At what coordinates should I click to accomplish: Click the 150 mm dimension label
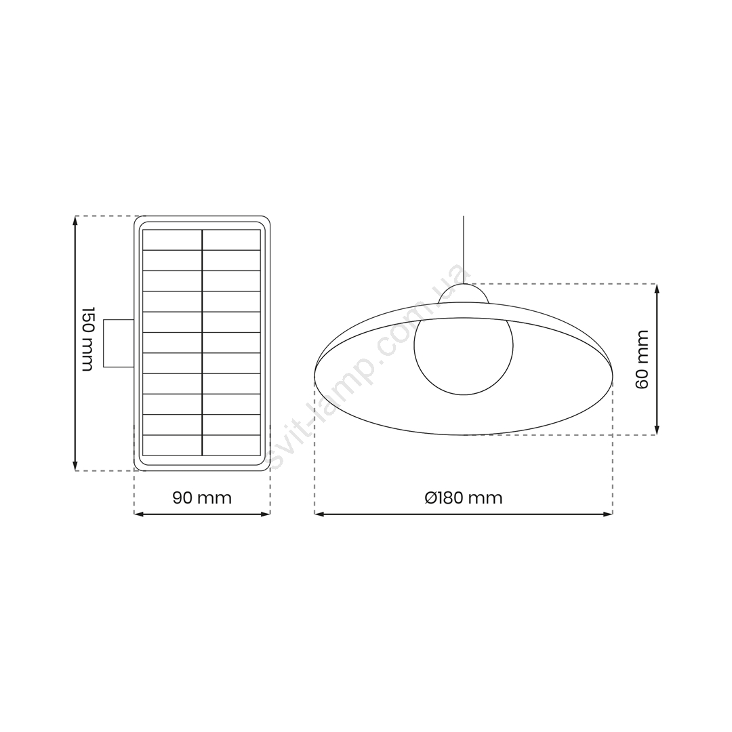coord(87,339)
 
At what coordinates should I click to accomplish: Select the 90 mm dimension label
coord(202,497)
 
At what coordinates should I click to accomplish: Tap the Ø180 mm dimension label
coord(464,497)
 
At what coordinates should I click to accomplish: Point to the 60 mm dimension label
coord(642,359)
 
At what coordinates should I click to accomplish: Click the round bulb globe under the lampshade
coord(464,346)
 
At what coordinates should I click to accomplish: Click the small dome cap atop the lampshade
coord(464,293)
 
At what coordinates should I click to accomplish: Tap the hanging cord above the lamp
coord(464,249)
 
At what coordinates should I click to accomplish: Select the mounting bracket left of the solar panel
coord(119,343)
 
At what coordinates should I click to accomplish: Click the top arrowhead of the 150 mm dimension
coord(75,220)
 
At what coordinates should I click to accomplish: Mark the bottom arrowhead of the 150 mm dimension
coord(75,466)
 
